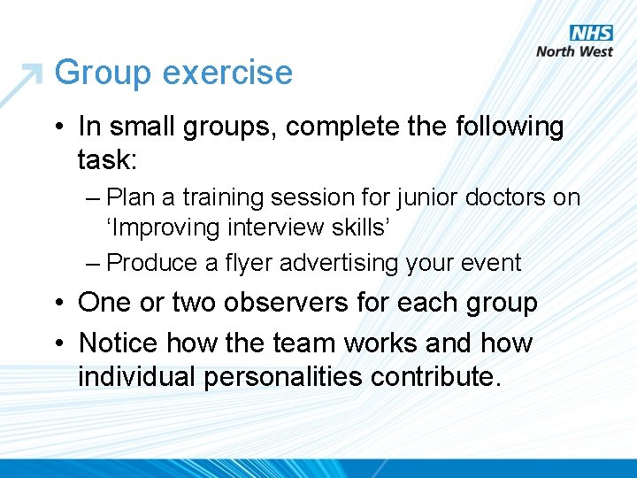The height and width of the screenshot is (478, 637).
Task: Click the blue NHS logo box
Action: click(591, 33)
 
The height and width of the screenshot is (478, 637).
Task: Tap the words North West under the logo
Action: click(574, 51)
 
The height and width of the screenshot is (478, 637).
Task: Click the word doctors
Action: click(497, 197)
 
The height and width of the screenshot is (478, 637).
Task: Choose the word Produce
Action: click(148, 263)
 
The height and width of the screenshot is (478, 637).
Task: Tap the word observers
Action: click(281, 303)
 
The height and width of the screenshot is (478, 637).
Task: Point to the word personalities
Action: click(284, 377)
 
